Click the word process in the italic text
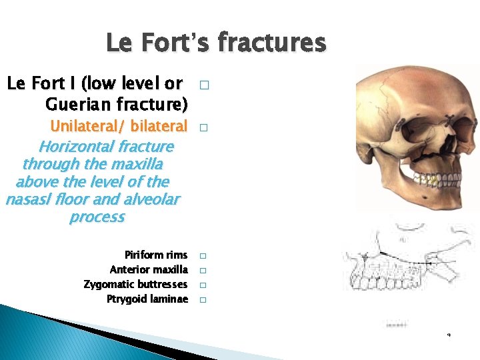coord(97,217)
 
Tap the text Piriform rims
coord(155,255)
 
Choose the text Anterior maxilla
coord(148,270)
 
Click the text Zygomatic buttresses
coord(135,285)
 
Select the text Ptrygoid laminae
coord(147,299)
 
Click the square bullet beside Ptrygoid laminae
coord(203,300)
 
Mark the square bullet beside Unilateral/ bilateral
coord(203,127)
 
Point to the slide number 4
coord(449,334)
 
